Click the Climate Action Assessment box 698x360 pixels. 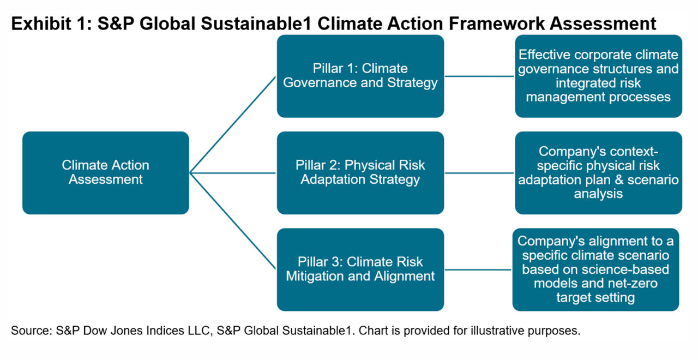106,173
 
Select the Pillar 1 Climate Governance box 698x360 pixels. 360,76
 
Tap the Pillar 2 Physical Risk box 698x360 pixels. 360,173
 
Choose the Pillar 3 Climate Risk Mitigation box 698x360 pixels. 360,269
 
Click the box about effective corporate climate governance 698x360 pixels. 598,76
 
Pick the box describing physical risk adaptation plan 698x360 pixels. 598,173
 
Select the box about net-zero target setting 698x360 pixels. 595,269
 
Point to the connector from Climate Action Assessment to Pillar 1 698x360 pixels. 233,124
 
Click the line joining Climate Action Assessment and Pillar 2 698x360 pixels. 233,173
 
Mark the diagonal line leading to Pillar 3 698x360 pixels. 233,221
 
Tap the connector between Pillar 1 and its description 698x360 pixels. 479,76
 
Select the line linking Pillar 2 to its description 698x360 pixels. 479,173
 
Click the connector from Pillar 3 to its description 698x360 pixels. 478,269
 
